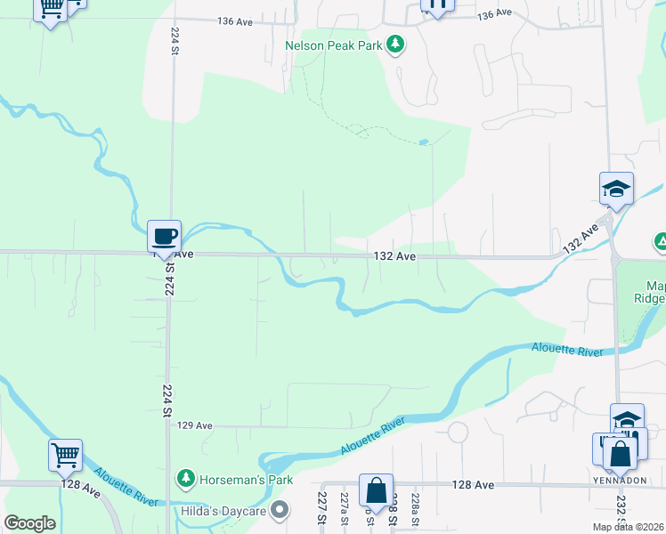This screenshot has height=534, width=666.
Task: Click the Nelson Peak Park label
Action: (x=333, y=44)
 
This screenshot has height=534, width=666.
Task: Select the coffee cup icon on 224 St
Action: (x=164, y=236)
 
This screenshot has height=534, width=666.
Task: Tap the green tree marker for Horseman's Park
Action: (x=186, y=479)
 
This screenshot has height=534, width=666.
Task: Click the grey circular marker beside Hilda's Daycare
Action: (x=280, y=510)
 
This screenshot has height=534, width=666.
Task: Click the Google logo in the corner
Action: (x=29, y=523)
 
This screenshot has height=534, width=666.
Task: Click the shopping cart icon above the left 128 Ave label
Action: (x=66, y=456)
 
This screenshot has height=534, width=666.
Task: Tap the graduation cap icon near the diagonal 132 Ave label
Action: (x=616, y=189)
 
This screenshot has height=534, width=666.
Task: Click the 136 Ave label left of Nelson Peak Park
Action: (x=235, y=20)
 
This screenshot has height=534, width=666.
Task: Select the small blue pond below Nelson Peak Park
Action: (x=423, y=142)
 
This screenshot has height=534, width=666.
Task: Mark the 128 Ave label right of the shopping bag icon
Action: (x=473, y=485)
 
